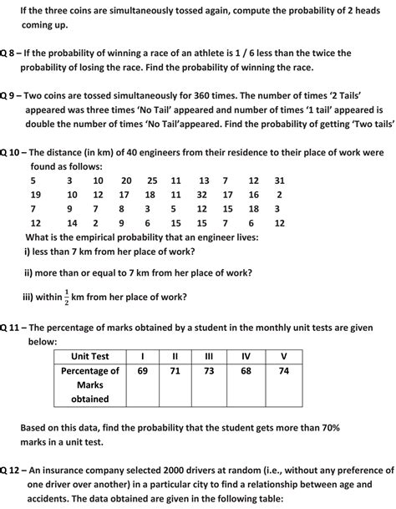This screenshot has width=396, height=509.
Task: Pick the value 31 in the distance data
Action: click(279, 180)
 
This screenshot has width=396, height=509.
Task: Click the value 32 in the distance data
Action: click(202, 194)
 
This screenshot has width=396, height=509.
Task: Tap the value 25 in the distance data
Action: click(151, 180)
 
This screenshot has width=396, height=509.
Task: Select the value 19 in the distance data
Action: click(35, 194)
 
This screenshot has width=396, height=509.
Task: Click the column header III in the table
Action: click(209, 357)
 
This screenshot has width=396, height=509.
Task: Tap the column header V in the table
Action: click(285, 357)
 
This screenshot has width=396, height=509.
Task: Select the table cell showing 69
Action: click(142, 370)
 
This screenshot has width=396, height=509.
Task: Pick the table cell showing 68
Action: click(246, 370)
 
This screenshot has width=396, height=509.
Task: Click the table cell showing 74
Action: click(285, 370)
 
